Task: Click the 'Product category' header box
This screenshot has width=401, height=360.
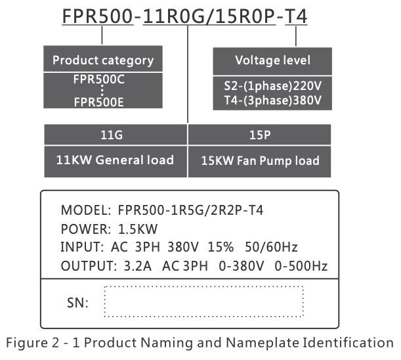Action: pos(103,58)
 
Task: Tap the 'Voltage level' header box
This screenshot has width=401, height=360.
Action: pos(272,61)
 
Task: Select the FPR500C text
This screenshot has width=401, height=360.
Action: pos(99,79)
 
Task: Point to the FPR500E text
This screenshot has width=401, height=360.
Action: pos(98,102)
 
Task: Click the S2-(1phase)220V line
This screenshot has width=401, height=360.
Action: pos(272,86)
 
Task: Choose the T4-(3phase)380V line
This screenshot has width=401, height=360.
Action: pos(272,100)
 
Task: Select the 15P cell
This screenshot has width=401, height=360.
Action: pos(260,135)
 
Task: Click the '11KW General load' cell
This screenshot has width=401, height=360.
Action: pos(116,162)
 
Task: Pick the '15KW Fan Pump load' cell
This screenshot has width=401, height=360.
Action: pos(260,162)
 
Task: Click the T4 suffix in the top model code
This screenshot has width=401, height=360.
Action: pos(296,16)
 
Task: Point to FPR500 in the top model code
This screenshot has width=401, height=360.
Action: pos(98,16)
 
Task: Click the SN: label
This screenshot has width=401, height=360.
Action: pos(77,303)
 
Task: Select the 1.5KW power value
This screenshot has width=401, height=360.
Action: pos(138,229)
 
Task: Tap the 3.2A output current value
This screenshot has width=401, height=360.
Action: pos(138,266)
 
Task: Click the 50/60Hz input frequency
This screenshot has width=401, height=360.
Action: pos(271,247)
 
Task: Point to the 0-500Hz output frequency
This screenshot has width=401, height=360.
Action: pos(301,266)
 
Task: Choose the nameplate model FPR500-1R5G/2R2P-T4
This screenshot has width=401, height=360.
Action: pos(190,210)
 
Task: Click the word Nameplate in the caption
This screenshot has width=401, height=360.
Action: pos(262,343)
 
